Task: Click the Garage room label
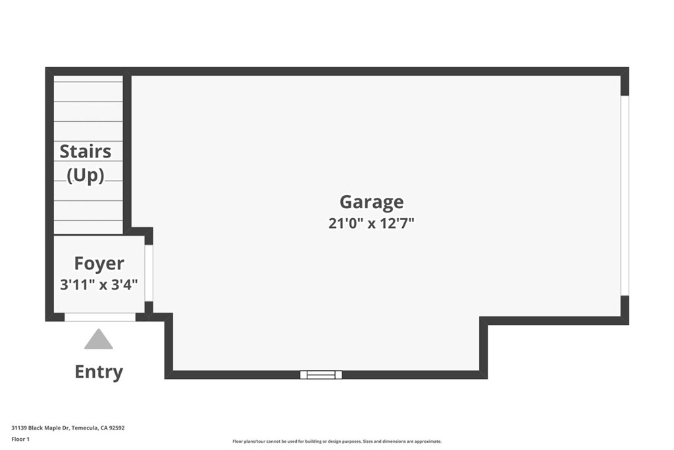pos(371,202)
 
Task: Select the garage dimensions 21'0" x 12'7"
pos(371,223)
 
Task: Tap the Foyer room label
pos(99,264)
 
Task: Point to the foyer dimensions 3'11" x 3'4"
pos(99,285)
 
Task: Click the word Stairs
pos(85,152)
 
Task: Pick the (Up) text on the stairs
pos(85,175)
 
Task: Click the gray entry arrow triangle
pos(99,339)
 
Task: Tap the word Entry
pos(99,372)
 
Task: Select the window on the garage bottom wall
pos(321,375)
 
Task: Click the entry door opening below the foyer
pos(100,317)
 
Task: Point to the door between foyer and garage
pos(149,273)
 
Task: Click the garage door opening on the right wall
pos(625,196)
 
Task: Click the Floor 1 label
pos(21,439)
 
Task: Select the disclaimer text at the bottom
pos(336,441)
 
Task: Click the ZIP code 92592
pos(117,428)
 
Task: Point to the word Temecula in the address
pos(86,428)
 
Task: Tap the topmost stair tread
pos(88,79)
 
